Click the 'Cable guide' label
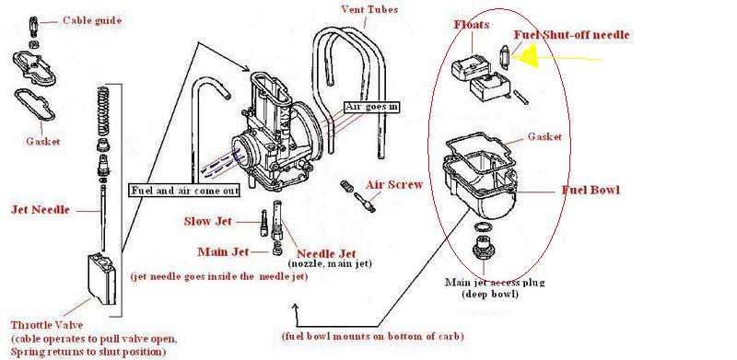pos(92,20)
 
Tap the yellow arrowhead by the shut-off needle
pos(525,55)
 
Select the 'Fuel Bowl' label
pos(591,191)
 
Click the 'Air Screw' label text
pos(394,185)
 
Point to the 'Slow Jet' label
pos(208,221)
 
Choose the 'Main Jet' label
pos(223,252)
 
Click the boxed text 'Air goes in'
pos(372,107)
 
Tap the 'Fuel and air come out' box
pos(185,191)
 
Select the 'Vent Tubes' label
pos(369,9)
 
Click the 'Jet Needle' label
pos(40,210)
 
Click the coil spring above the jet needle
pos(103,111)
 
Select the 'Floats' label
pos(472,25)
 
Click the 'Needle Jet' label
pos(326,254)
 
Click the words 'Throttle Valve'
pos(47,325)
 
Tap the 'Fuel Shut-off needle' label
pos(571,35)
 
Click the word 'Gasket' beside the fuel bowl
pos(544,137)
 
